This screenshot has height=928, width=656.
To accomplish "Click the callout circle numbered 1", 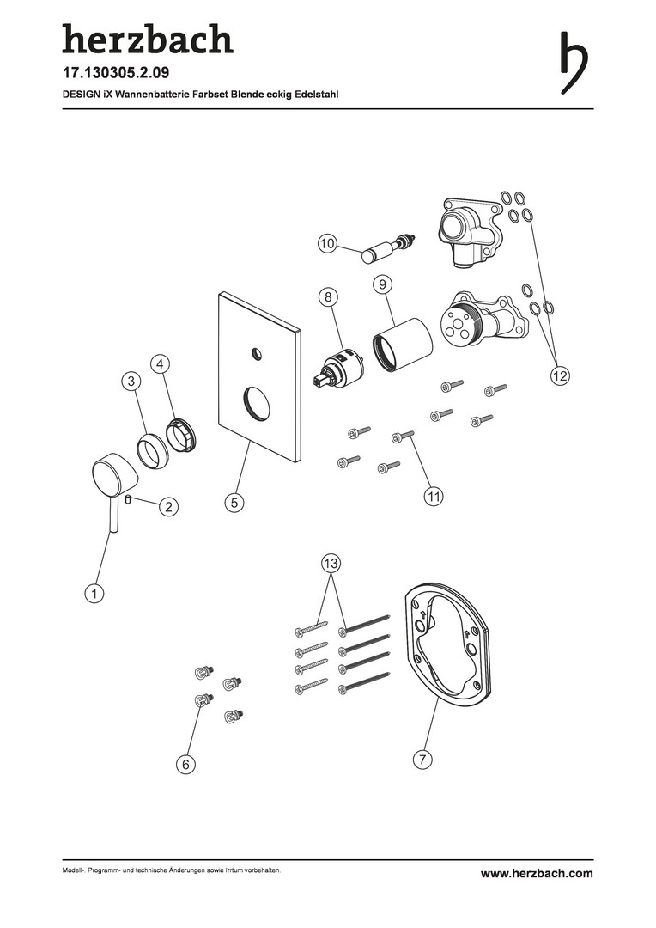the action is point(94,593).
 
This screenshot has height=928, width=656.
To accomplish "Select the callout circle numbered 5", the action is point(234,503).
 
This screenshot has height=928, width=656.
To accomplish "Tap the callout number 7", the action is point(422,759).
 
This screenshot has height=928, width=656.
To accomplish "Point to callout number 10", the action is point(327,243).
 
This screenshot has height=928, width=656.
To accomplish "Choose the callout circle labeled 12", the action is point(560,375).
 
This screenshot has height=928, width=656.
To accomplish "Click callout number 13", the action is point(331,563).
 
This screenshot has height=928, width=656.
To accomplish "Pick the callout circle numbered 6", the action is point(185,764).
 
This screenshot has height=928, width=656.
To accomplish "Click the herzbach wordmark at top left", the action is point(148,39).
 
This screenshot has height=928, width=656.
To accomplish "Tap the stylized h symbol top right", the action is point(574,63).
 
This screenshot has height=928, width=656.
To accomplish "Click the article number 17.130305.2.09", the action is point(116,73).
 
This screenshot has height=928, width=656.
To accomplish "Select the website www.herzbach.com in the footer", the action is point(537,873).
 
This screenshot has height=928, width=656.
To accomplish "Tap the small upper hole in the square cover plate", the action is point(256,353).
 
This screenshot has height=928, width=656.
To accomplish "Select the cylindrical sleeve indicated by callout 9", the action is point(402,346).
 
